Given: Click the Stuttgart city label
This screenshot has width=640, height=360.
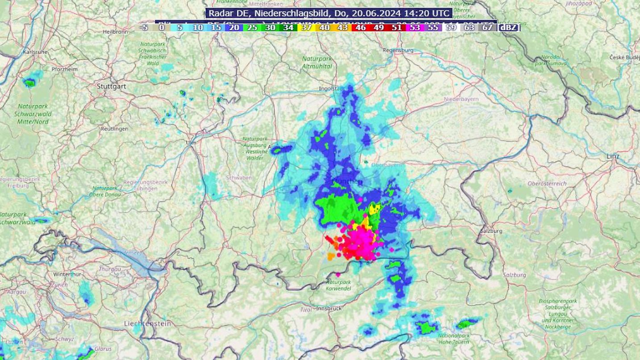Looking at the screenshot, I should [x=111, y=86].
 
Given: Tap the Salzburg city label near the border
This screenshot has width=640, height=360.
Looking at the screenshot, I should [x=491, y=231].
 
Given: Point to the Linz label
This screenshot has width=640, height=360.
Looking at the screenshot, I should [x=613, y=156].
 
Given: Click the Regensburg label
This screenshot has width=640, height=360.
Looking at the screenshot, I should [x=398, y=50].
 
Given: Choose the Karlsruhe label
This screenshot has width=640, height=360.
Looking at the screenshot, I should [x=35, y=52].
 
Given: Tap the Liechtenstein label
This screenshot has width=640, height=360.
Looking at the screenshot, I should [x=147, y=323].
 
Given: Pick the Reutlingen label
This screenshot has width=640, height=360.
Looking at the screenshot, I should [x=114, y=129].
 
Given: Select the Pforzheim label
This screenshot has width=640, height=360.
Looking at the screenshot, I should [x=64, y=69].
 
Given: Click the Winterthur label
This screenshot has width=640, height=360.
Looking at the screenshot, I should [x=66, y=274].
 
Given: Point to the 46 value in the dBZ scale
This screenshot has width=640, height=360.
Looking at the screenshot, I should [x=361, y=28].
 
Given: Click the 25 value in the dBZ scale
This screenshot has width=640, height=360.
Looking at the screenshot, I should [x=252, y=28].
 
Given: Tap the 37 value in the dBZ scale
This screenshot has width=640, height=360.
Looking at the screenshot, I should [x=306, y=28].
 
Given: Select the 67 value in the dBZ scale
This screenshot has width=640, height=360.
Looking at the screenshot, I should [x=487, y=28].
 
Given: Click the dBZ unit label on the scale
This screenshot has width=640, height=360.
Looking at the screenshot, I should [x=509, y=28].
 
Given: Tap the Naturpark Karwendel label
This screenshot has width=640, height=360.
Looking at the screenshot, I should [x=338, y=285].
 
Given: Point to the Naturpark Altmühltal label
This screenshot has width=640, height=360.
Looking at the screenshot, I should [x=317, y=62].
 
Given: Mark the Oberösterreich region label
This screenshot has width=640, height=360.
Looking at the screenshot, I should [x=547, y=184].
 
